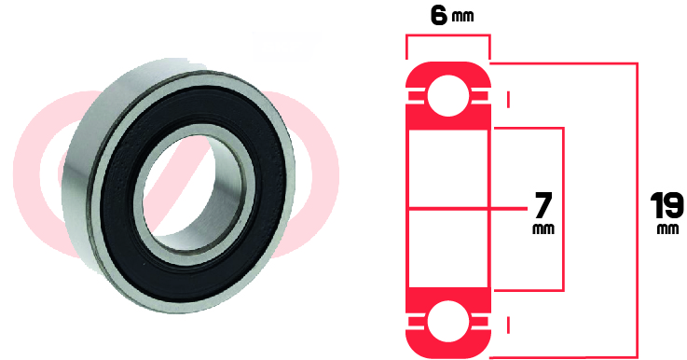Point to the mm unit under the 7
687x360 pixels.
coord(542,228)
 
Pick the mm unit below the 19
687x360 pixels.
coord(666,228)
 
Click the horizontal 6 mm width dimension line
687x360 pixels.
coord(447,36)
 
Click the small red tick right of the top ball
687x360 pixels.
coord(509,99)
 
